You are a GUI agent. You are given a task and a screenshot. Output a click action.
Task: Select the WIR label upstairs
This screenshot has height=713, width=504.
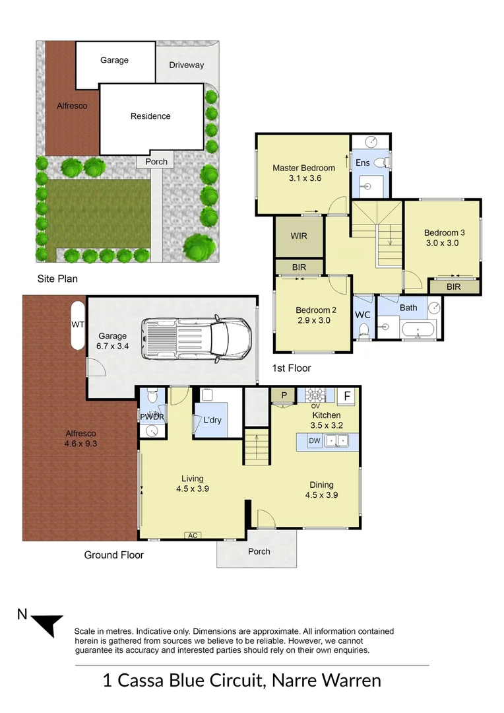(299, 236)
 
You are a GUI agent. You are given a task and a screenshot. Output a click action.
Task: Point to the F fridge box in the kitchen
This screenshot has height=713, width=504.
(347, 396)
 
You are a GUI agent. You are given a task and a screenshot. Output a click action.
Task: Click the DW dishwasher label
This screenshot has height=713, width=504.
(315, 440)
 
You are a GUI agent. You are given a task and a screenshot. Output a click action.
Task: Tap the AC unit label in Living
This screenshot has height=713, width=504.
(193, 535)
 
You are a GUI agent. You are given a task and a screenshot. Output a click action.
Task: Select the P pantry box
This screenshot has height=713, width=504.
(284, 395)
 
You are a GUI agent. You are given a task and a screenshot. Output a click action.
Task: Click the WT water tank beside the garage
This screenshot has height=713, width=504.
(78, 325)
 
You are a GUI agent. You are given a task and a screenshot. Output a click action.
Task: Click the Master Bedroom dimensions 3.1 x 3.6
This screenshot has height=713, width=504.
(305, 178)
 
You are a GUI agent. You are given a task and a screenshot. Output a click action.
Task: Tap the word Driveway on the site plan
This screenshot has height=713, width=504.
(186, 65)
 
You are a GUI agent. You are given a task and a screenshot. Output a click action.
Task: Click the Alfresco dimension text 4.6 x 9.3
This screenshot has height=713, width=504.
(80, 444)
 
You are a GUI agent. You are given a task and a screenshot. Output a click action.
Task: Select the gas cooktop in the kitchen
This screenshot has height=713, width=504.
(315, 394)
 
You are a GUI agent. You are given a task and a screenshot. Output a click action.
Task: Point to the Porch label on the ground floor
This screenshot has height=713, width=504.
(259, 551)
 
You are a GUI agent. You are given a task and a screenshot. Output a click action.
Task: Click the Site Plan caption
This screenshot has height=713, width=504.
(57, 279)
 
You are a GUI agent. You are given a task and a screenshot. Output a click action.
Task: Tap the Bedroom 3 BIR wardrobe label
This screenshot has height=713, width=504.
(454, 287)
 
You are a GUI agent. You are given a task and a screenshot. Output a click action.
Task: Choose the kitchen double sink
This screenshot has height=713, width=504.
(336, 440)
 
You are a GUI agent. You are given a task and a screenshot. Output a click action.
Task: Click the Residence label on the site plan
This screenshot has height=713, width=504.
(150, 116)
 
